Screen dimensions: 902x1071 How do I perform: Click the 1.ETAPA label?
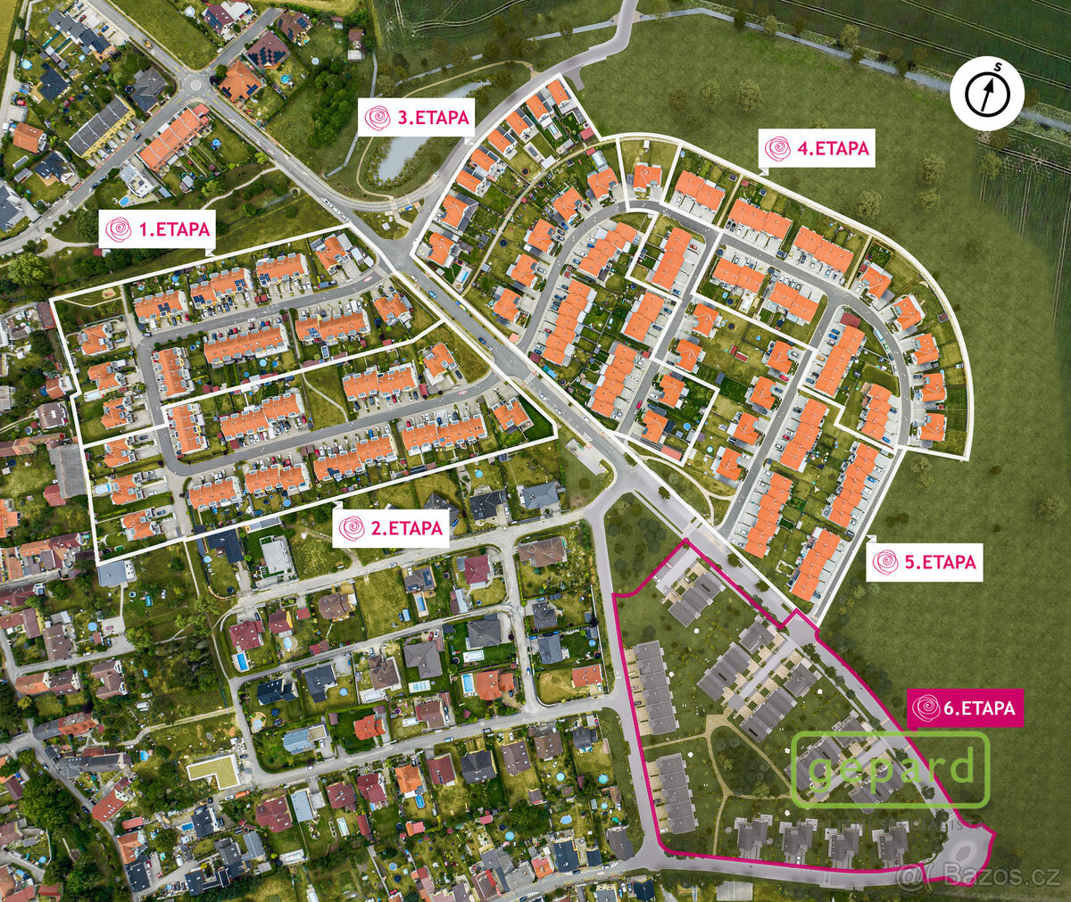coord(159,230)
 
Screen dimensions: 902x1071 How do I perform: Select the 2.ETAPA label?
coord(392,528)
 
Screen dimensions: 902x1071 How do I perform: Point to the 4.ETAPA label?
coord(817,149)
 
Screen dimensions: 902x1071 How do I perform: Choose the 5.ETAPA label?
coord(924,562)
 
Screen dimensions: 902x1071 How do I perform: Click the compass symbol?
coord(986,93)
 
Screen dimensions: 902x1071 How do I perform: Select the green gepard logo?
coord(890,769)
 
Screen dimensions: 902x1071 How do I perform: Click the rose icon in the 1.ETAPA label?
coord(118,230)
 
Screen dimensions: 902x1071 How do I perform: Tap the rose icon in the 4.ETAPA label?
coord(777,149)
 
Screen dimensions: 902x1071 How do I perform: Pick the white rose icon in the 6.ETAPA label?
coord(926,708)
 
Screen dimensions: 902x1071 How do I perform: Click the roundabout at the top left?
coord(198,84)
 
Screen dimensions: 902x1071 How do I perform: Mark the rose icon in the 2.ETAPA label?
coord(352,528)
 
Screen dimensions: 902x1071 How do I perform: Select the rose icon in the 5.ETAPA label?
coord(885,562)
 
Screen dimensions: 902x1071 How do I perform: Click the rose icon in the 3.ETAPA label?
coord(378,118)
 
